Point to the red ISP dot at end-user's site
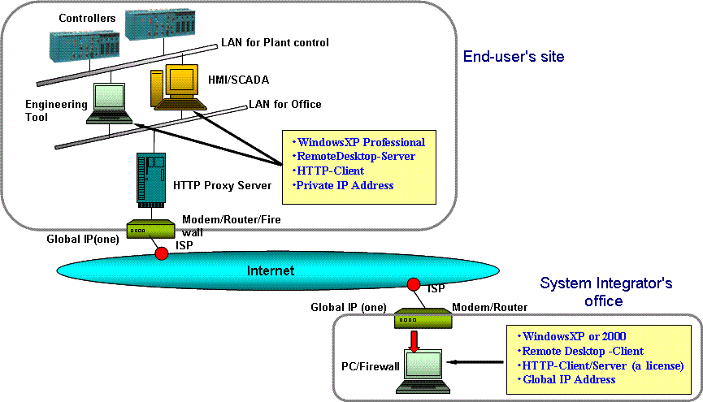[x=162, y=253]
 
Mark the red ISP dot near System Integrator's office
[x=413, y=284]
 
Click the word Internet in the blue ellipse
[x=271, y=270]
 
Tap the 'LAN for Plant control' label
[x=275, y=42]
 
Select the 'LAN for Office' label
[x=284, y=104]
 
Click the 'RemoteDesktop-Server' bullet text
[x=356, y=157]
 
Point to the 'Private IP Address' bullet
[x=345, y=185]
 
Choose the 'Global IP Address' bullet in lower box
[x=569, y=379]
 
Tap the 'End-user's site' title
[x=513, y=57]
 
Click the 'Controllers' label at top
[x=87, y=18]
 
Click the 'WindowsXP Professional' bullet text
[x=360, y=142]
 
